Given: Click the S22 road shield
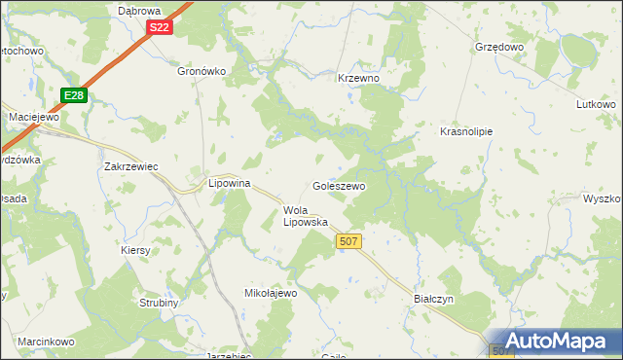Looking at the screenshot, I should (x=161, y=28).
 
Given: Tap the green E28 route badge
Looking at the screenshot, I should (x=74, y=94).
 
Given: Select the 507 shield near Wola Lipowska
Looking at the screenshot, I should (x=348, y=239).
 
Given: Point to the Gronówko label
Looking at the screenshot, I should (x=202, y=71).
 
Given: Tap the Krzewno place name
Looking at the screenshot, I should (x=357, y=78).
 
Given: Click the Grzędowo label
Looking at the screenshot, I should (x=499, y=46).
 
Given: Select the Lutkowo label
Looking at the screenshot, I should (x=597, y=104).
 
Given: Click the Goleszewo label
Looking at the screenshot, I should (x=338, y=185).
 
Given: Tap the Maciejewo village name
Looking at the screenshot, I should (x=35, y=117).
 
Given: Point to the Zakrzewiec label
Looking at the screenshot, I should (x=131, y=166).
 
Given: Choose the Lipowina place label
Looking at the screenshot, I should (x=231, y=183).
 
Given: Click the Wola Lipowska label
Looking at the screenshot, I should (x=305, y=215).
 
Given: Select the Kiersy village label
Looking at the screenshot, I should (x=136, y=250).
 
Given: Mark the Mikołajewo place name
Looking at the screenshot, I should (x=270, y=293).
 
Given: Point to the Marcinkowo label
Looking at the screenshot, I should (x=46, y=342).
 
